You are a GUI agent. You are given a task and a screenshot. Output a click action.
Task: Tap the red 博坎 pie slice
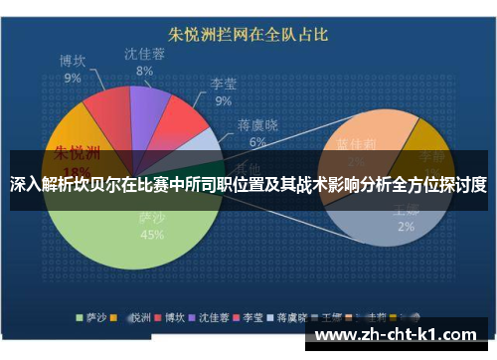pos(107,115)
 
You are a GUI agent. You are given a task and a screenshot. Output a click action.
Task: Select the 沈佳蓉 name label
pos(145,54)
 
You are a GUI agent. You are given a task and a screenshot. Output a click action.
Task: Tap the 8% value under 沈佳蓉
pos(145,71)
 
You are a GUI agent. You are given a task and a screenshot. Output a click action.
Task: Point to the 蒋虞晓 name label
pos(257,125)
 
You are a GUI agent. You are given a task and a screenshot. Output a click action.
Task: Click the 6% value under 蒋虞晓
pos(257,142)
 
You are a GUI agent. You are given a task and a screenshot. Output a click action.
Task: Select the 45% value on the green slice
pos(152,236)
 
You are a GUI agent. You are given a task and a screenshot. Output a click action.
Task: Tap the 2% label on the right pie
pos(405,226)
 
